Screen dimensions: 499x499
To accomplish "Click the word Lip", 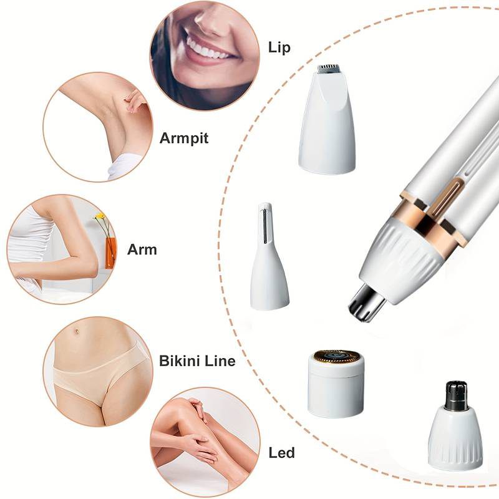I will pyautogui.click(x=279, y=48).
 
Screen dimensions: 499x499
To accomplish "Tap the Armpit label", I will pyautogui.click(x=184, y=138).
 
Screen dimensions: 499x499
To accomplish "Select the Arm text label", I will pyautogui.click(x=142, y=249).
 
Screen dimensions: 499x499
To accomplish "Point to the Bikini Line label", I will pyautogui.click(x=197, y=361).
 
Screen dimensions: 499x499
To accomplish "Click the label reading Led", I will pyautogui.click(x=281, y=452).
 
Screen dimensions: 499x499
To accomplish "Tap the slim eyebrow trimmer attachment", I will pyautogui.click(x=269, y=262).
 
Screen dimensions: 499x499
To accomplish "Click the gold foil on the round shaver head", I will pyautogui.click(x=336, y=356).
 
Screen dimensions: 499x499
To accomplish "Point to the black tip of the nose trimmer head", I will pyautogui.click(x=457, y=394).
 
